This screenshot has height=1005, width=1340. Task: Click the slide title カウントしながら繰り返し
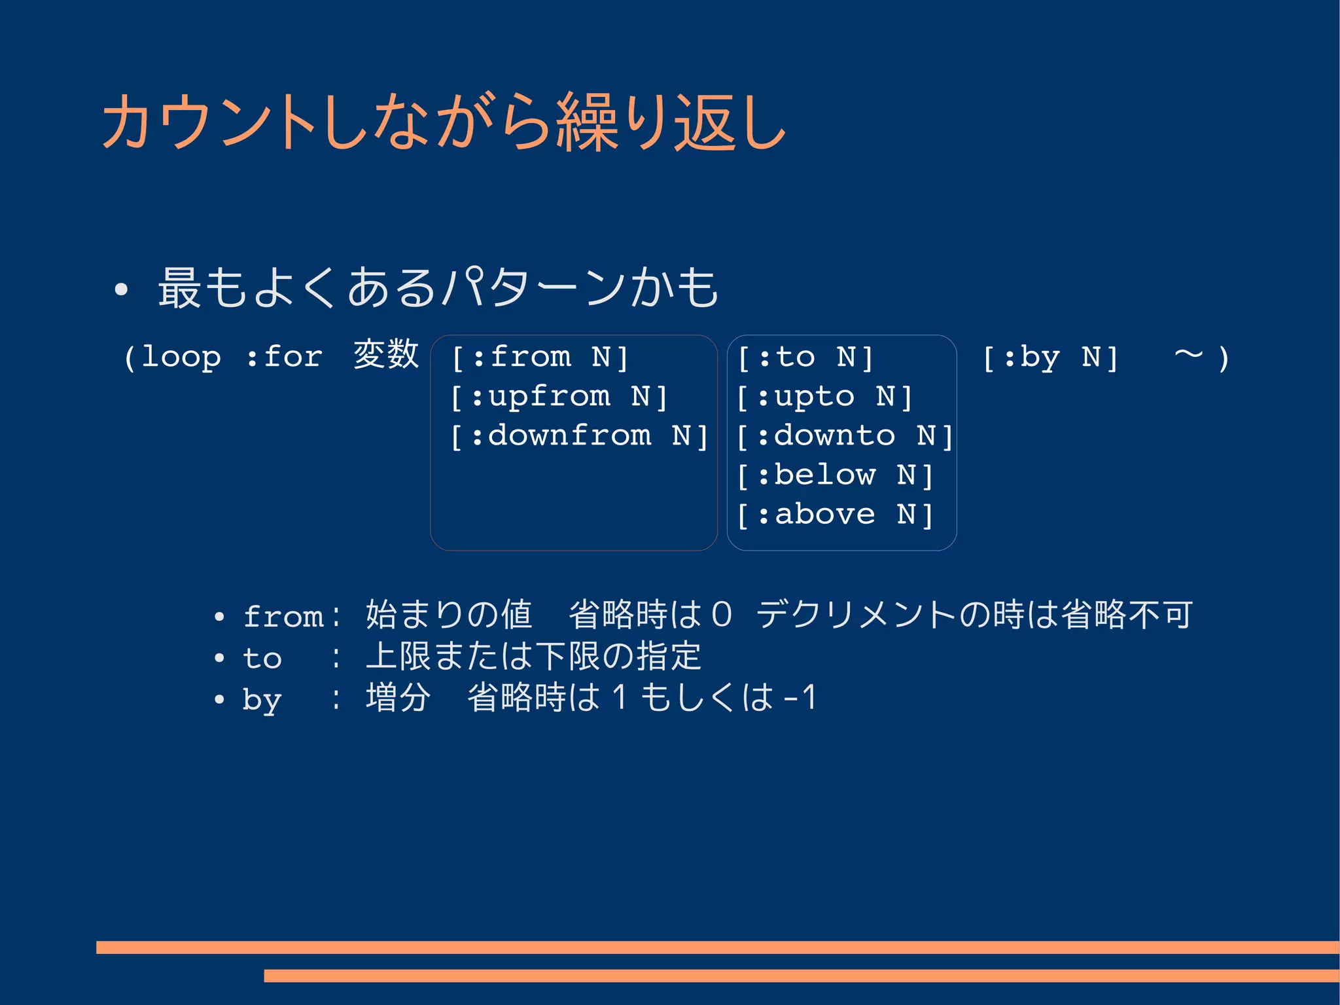444,122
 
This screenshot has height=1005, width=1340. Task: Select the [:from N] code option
540,357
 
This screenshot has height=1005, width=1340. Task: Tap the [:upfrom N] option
559,397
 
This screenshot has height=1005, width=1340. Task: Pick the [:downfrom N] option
580,436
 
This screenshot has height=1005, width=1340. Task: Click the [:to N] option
805,357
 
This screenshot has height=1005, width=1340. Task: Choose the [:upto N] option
824,397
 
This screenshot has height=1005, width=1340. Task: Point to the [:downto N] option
845,436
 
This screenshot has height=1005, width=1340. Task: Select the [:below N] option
835,475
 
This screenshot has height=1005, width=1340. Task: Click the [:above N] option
835,515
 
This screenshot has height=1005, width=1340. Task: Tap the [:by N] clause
1051,357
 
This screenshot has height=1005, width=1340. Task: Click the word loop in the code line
181,357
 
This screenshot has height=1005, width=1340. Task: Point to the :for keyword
285,357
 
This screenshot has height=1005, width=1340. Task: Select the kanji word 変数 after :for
385,355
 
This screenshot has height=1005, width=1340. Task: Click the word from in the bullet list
283,617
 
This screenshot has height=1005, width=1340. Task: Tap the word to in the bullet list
262,658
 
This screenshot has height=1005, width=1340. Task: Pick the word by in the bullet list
262,699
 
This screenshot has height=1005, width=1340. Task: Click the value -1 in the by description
800,697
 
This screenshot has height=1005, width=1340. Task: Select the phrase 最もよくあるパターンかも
438,288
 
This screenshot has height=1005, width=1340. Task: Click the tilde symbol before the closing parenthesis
1188,355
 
